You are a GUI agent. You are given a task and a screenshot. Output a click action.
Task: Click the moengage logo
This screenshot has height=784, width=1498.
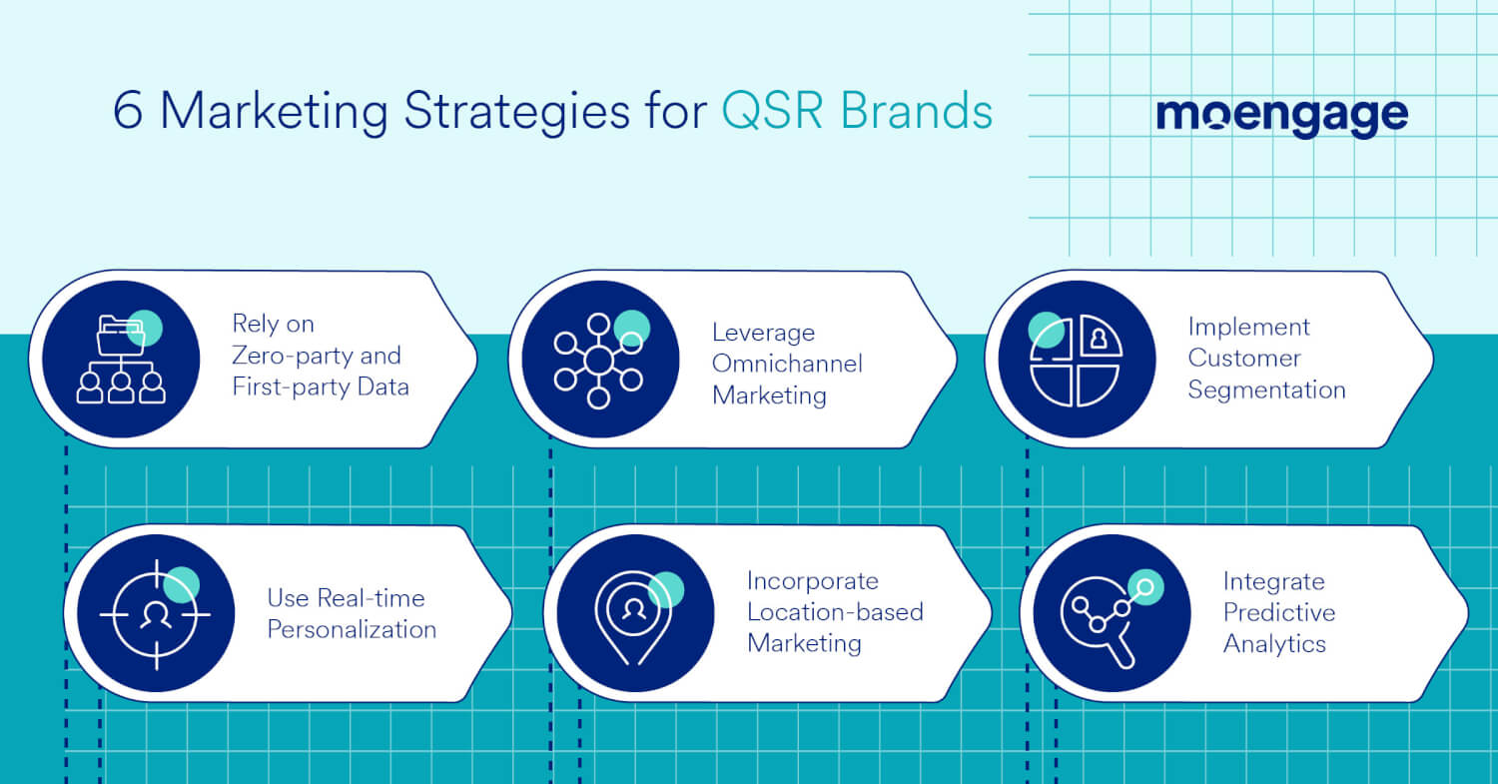(x=1281, y=116)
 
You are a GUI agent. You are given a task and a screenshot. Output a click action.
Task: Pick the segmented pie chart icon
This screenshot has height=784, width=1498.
(x=1077, y=360)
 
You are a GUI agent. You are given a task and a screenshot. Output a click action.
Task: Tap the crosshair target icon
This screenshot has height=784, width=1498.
(x=156, y=613)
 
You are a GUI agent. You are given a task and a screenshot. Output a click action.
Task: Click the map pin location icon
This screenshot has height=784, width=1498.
(x=634, y=613)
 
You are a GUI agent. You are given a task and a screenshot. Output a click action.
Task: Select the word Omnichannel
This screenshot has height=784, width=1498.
(x=787, y=364)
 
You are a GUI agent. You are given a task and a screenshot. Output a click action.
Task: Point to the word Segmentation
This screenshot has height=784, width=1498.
(x=1266, y=390)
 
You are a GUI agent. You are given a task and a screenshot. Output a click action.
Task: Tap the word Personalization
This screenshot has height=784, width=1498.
(x=352, y=630)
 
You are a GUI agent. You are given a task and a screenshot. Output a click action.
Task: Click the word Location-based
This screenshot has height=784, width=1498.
(x=835, y=612)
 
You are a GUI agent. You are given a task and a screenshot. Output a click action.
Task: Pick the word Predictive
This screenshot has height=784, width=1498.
(x=1278, y=612)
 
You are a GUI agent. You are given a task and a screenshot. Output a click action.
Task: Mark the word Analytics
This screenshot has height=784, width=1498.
(x=1274, y=644)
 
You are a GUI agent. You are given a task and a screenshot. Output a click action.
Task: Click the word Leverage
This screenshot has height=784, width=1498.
(x=763, y=333)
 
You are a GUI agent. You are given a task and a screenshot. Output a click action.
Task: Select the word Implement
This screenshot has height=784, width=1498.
(x=1248, y=327)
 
